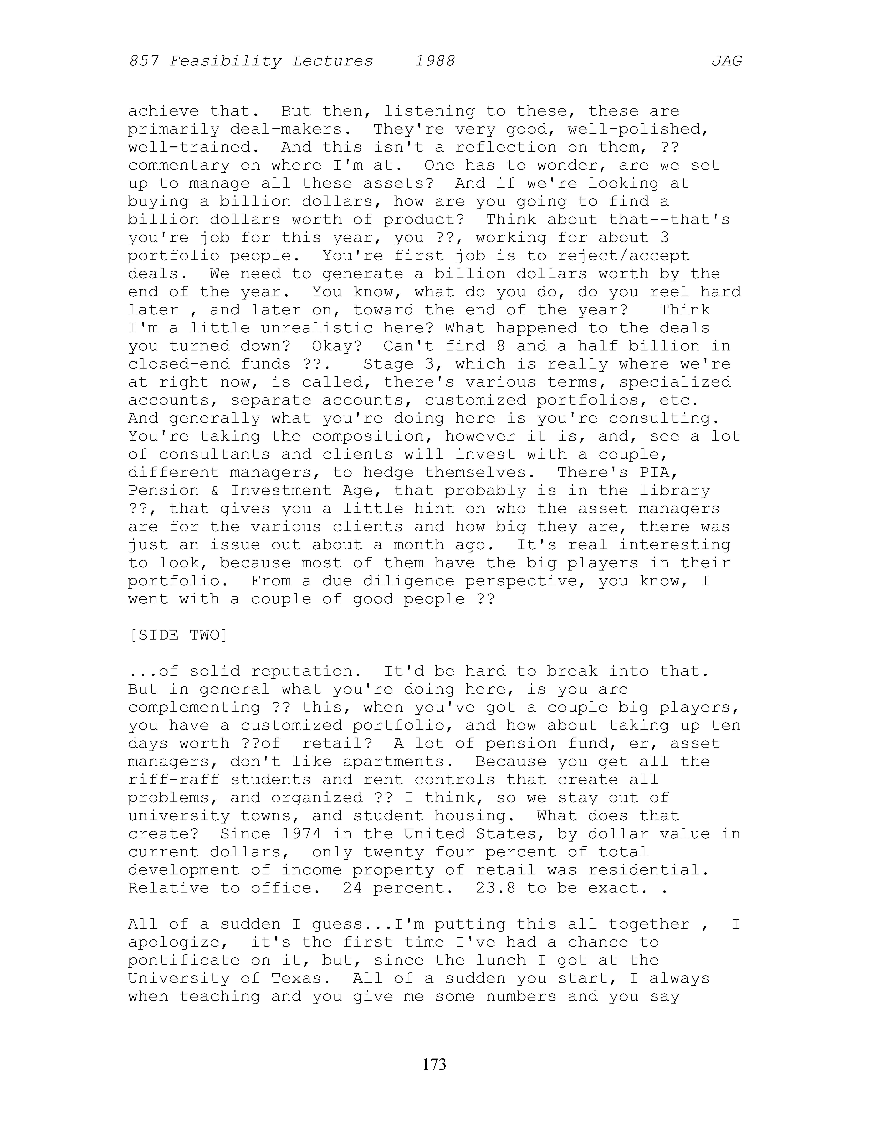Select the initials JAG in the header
coord(726,61)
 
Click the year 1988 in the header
coord(435,61)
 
